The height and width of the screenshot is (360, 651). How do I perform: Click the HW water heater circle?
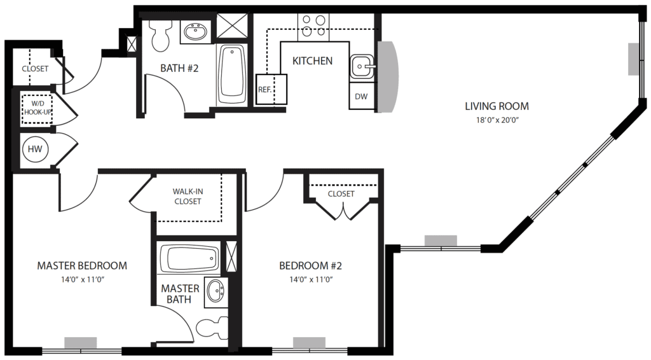coord(34,149)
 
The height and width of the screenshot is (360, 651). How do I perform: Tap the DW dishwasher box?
coord(361,96)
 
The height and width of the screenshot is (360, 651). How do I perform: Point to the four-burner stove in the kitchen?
coord(313,25)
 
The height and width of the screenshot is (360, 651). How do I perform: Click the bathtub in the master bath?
coord(189,259)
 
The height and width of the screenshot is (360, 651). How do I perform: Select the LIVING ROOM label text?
coord(497,106)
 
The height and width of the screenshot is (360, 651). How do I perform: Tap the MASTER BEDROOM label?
coord(81,265)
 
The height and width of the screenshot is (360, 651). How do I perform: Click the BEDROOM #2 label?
coord(312,265)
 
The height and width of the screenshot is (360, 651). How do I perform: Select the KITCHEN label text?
coord(312,61)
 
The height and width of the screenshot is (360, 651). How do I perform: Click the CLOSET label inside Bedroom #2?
coord(341,193)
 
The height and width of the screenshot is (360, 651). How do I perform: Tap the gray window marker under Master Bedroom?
coord(81,343)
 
